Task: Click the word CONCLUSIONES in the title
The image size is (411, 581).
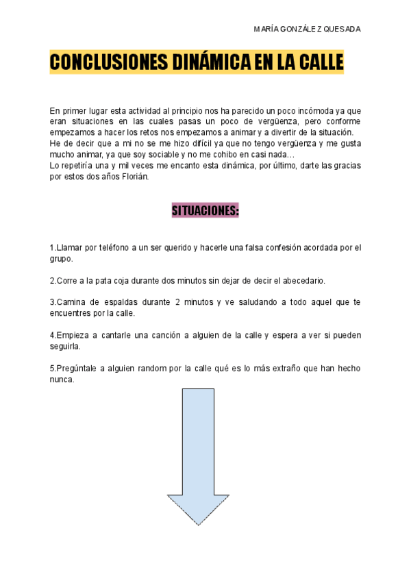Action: tap(102, 62)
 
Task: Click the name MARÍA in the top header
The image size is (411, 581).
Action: tap(265, 29)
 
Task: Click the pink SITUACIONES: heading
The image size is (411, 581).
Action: tap(205, 211)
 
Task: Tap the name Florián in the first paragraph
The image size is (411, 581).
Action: tap(134, 176)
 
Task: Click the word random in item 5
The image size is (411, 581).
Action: tap(161, 369)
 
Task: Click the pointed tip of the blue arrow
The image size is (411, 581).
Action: tap(198, 524)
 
